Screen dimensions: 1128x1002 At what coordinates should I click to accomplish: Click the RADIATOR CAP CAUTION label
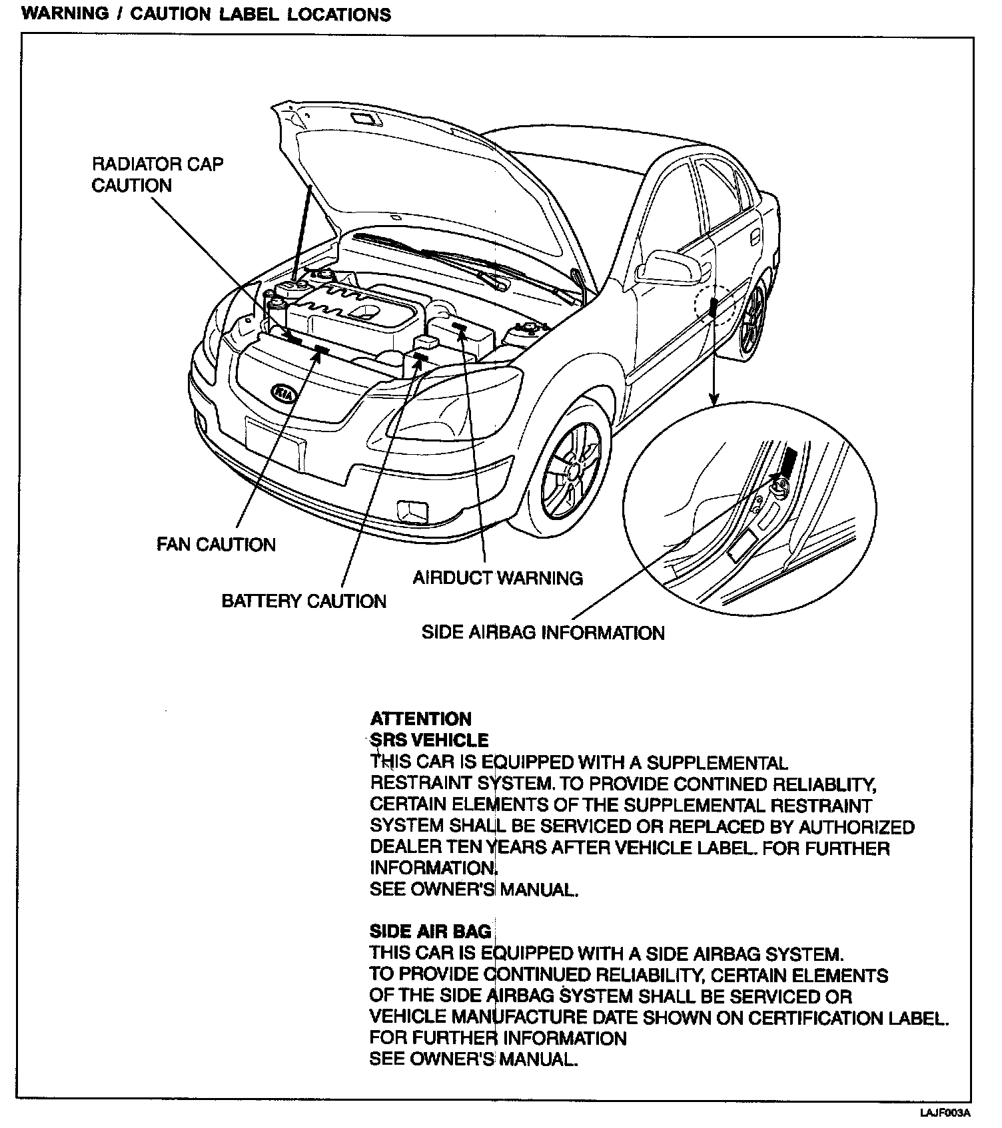coord(157,174)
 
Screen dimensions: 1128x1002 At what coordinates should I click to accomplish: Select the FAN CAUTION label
coord(216,545)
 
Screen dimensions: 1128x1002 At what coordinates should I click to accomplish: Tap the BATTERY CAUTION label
coord(304,601)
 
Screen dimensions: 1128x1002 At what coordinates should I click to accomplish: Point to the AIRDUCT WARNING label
coord(498,577)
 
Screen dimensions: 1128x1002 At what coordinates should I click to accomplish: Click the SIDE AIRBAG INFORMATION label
coord(543,633)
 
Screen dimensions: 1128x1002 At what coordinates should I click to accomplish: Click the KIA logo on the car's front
coord(283,394)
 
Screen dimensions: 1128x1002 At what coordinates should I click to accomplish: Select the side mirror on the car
coord(668,266)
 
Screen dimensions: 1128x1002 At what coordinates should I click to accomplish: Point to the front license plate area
coord(275,443)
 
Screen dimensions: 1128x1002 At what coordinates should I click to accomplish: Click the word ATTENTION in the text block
coord(420,719)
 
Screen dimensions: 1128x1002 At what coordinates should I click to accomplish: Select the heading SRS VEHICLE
coord(430,740)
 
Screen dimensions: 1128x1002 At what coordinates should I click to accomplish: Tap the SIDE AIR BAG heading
coord(430,932)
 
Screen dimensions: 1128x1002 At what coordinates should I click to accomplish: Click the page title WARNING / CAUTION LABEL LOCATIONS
coord(207,15)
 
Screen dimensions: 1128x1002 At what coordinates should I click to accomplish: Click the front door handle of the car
coord(756,237)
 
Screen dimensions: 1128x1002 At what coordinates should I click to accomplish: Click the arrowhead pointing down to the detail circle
coord(714,399)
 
